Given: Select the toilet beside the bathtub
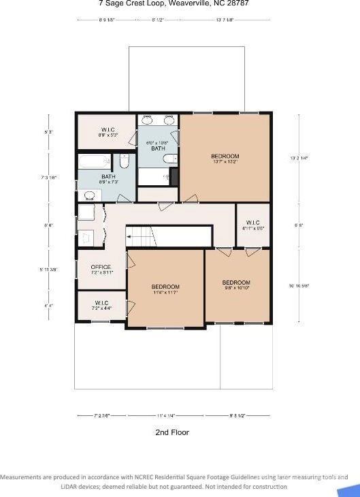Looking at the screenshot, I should tap(124, 162).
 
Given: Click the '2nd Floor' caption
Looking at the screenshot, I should tap(172, 432).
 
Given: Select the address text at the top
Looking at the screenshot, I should tap(174, 3).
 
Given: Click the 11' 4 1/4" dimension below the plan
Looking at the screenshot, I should tap(166, 415).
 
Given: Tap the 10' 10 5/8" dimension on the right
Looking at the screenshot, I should tap(299, 285).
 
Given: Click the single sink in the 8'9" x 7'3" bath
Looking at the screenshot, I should tap(88, 195).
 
